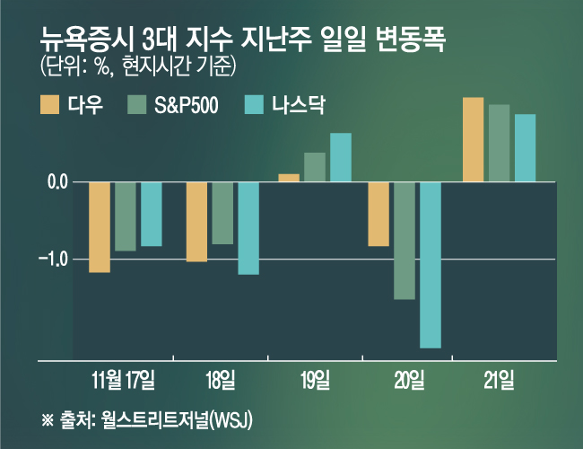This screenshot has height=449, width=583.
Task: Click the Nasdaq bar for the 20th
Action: [x=431, y=264]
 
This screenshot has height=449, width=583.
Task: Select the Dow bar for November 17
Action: [x=100, y=226]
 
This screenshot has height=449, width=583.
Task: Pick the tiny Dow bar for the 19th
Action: [x=289, y=178]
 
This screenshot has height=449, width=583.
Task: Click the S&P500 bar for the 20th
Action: [x=405, y=240]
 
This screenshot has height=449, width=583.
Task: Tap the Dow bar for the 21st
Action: [x=473, y=139]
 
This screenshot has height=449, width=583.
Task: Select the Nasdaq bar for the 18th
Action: [x=248, y=227]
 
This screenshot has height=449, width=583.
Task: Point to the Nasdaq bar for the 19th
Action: [x=341, y=157]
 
